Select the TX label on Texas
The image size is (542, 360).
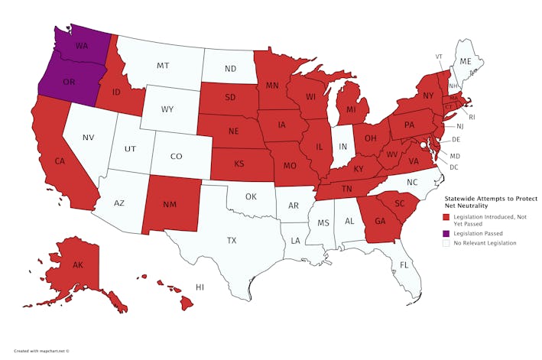232,240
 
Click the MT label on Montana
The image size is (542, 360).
163,66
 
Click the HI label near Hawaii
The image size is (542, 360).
200,287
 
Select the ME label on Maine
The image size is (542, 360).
464,60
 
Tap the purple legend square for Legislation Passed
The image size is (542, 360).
446,232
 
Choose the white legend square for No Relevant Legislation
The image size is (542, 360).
446,243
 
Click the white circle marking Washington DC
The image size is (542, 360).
423,144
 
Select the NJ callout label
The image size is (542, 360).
459,126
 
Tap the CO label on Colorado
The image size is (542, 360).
176,157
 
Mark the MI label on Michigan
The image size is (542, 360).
351,109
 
